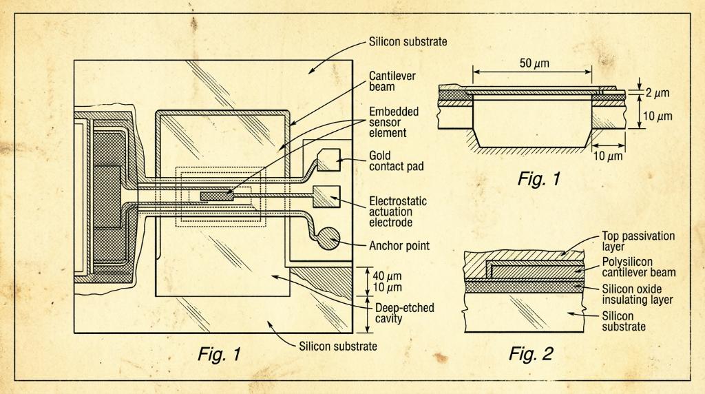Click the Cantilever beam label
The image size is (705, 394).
(x=392, y=81)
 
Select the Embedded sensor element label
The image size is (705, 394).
(x=394, y=122)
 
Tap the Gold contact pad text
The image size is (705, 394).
(x=396, y=161)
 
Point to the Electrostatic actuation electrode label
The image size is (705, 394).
(x=398, y=211)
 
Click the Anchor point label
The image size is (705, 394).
(x=399, y=246)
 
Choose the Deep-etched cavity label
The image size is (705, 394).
(x=404, y=313)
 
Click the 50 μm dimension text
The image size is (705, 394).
(x=534, y=63)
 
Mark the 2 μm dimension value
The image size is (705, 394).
(x=657, y=93)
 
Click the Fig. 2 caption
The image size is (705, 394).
(x=531, y=354)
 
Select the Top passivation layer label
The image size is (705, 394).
(x=638, y=241)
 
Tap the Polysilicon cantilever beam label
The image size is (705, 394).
(x=638, y=267)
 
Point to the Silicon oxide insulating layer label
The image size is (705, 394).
(x=637, y=294)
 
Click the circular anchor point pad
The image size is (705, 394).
(x=329, y=239)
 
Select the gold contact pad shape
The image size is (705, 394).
(x=328, y=160)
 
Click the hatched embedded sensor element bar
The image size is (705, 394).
(x=217, y=196)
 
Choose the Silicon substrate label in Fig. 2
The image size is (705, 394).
(x=624, y=321)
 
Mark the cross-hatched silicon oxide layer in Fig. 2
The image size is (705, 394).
(x=524, y=286)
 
